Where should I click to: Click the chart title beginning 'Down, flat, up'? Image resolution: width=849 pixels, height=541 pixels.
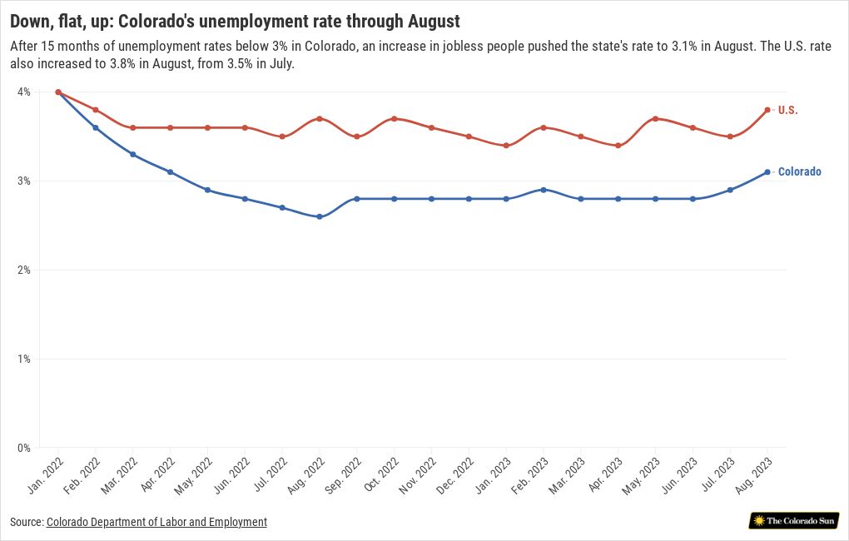click(235, 19)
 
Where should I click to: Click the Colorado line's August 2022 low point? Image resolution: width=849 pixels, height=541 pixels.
click(320, 216)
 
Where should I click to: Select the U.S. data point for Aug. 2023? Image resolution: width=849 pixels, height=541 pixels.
click(767, 110)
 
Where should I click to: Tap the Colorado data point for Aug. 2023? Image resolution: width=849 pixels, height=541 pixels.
click(767, 172)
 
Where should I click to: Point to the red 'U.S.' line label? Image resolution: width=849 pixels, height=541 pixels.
click(787, 110)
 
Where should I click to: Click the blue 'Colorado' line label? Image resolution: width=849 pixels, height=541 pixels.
click(799, 172)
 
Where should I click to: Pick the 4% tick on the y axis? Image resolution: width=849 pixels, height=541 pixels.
click(23, 92)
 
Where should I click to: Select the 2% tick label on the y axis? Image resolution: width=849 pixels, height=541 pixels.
click(23, 270)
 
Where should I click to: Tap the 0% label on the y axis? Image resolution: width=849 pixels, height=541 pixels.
click(23, 448)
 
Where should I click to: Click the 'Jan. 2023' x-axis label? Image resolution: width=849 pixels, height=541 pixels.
click(497, 474)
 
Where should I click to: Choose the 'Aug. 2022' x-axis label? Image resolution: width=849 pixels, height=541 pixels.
click(310, 474)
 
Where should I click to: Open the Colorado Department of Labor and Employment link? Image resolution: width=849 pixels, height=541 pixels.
click(156, 522)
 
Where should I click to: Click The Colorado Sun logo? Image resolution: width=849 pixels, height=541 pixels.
click(793, 521)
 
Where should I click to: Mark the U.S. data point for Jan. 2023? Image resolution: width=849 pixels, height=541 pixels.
click(506, 146)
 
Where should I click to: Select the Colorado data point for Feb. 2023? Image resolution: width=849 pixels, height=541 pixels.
click(544, 190)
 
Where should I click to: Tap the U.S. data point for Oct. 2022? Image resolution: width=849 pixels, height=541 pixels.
click(394, 119)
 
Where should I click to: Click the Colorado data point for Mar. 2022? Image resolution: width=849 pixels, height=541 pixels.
click(133, 154)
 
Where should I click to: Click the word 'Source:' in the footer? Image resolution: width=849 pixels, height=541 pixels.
click(27, 522)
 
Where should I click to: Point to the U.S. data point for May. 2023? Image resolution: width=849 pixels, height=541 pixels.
click(655, 119)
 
